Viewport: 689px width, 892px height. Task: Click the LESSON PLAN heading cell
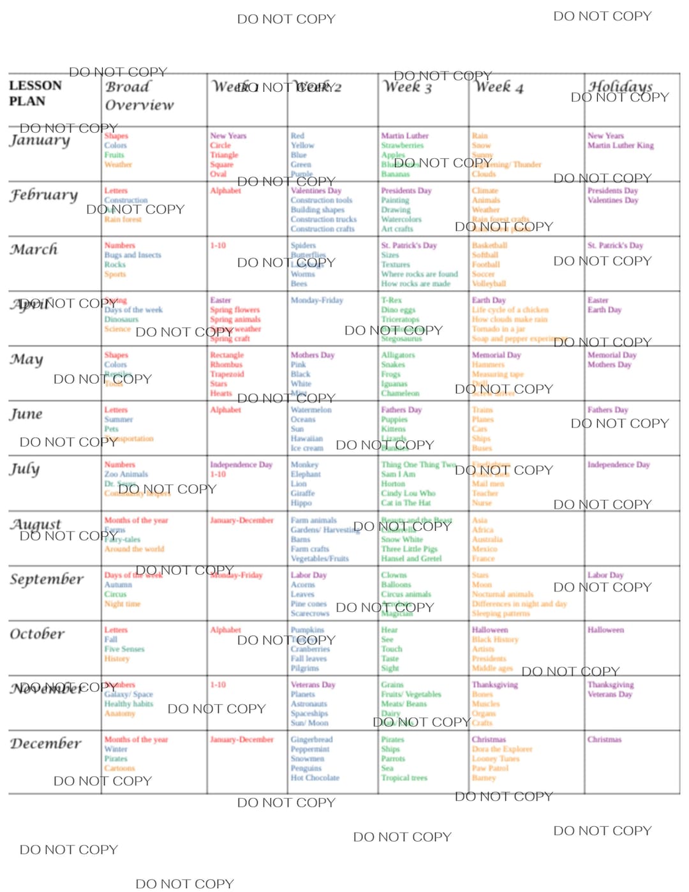coord(36,93)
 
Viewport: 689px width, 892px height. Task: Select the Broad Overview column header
coord(138,96)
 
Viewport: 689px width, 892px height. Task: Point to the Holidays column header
coord(620,86)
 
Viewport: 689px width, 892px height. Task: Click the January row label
coord(40,140)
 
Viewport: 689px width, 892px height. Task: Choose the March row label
coord(34,249)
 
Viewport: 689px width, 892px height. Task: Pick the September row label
coord(47,579)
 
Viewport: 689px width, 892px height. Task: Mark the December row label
coord(45,744)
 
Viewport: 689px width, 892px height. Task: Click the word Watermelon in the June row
coord(311,410)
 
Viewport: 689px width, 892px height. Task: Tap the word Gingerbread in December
coord(311,740)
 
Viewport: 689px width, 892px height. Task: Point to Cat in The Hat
coord(405,503)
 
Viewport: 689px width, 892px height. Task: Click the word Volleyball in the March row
coord(489,284)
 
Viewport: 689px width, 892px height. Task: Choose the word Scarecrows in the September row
coord(309,614)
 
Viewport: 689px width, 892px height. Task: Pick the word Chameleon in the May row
coord(400,394)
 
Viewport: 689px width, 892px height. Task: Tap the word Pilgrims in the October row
coord(304,668)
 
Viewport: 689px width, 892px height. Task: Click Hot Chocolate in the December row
coord(315,778)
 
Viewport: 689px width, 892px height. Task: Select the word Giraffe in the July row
coord(302,493)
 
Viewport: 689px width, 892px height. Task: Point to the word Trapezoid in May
coord(227,375)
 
